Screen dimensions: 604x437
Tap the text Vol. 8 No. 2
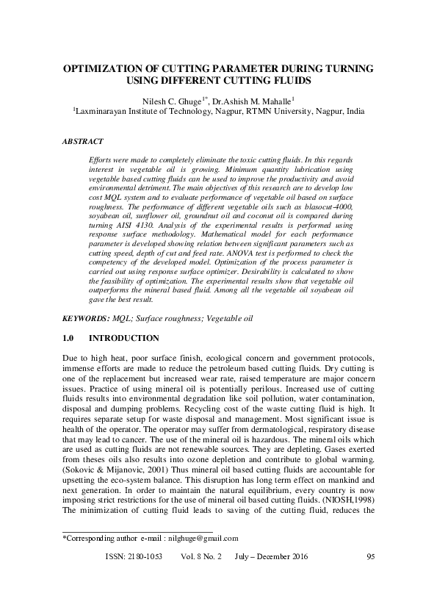click(x=201, y=578)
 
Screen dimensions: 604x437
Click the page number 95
click(x=370, y=578)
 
